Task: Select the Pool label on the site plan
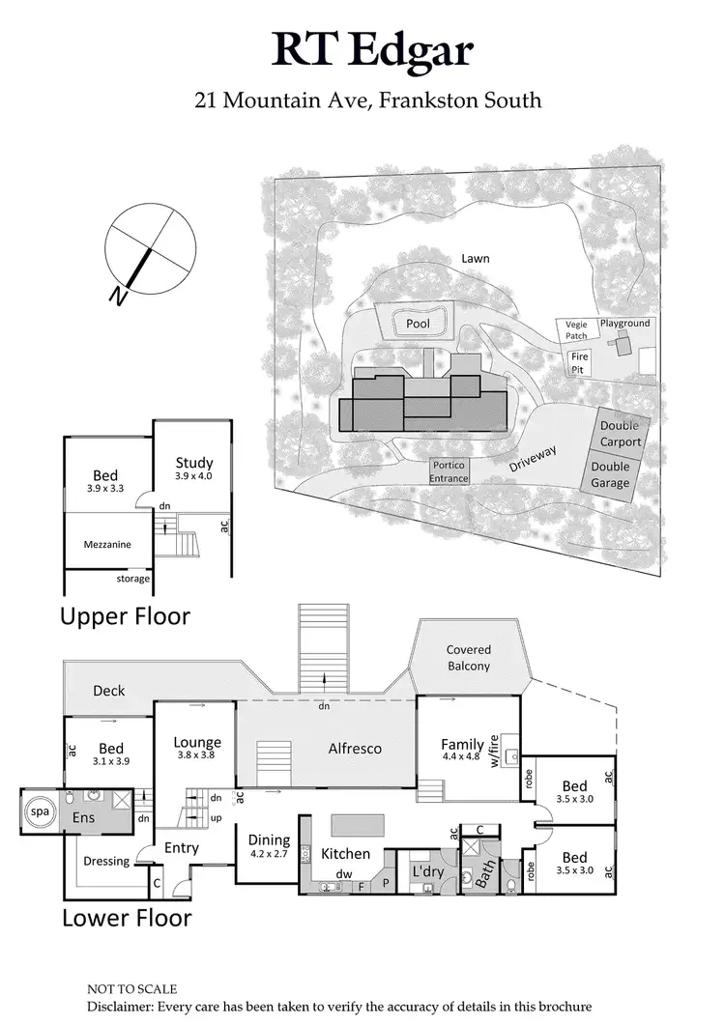(418, 324)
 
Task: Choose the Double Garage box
(609, 473)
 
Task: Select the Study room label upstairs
(193, 464)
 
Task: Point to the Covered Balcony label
(468, 658)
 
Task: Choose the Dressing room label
(106, 861)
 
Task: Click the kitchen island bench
(359, 824)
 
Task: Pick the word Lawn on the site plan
(475, 259)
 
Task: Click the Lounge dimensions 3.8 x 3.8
(197, 756)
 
